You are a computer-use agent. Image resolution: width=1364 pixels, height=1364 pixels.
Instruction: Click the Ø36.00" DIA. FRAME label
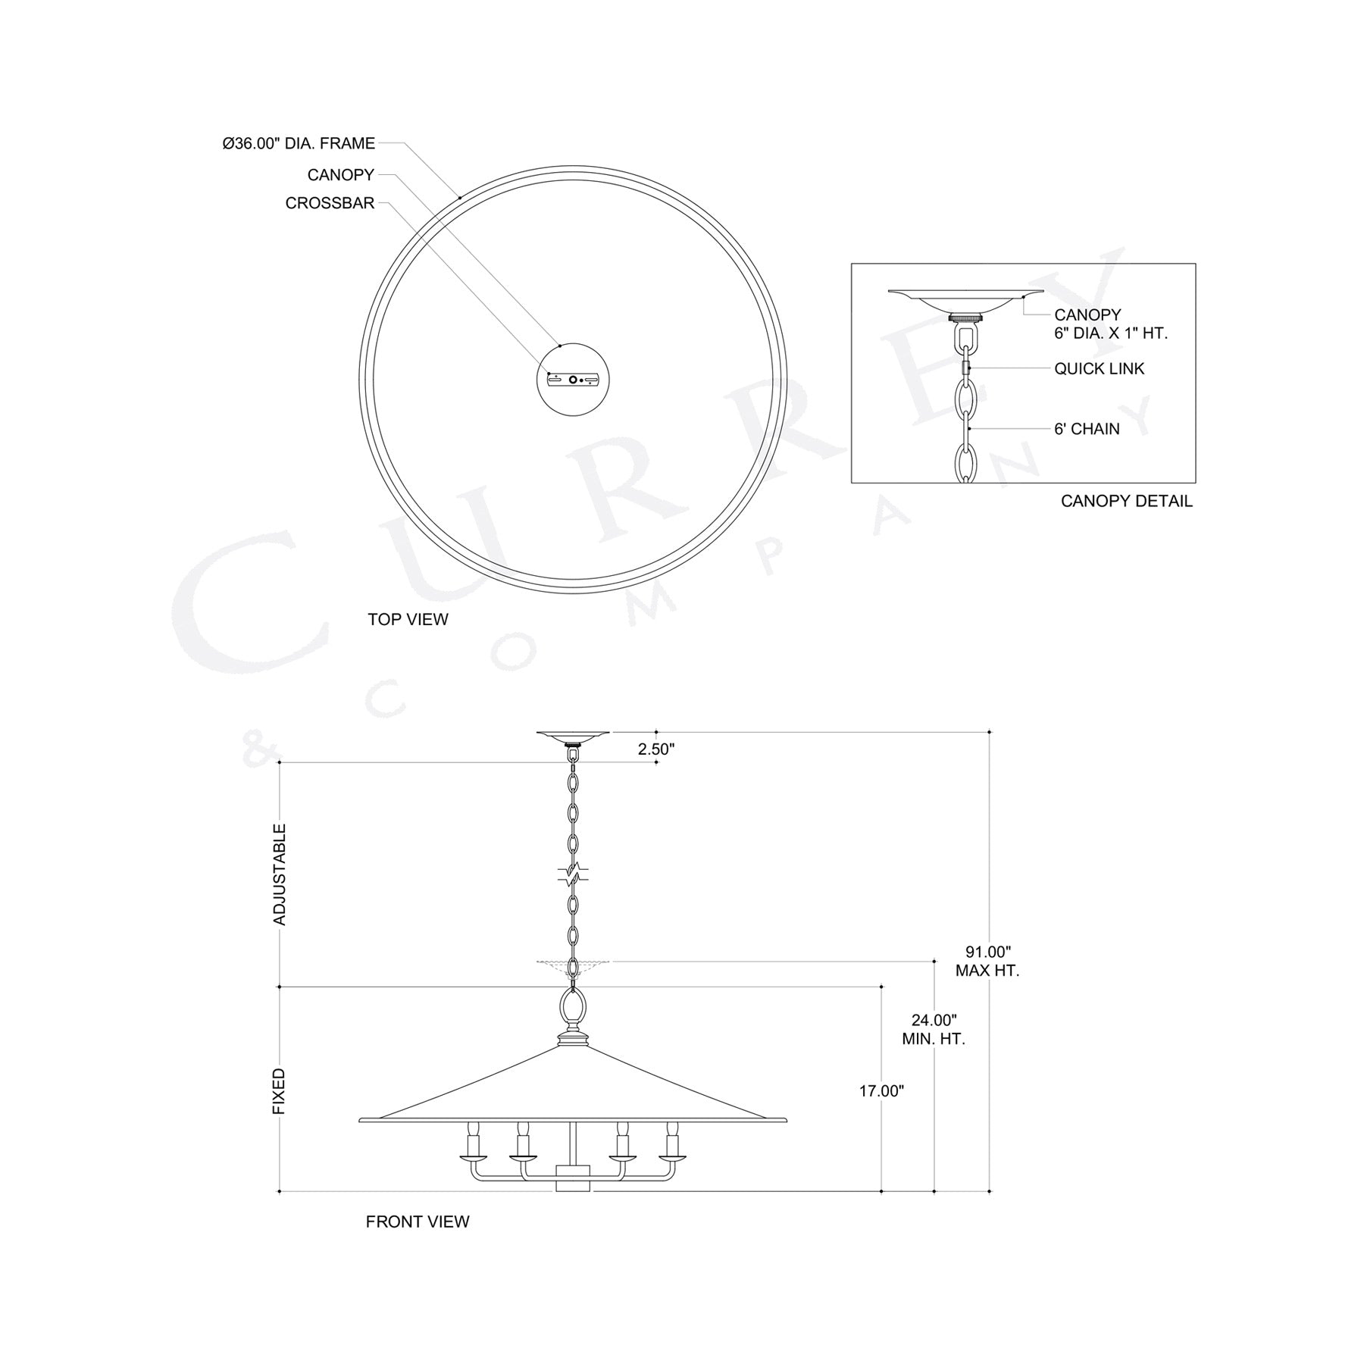[299, 143]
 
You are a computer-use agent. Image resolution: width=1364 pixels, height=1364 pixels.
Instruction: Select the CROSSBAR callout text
[330, 203]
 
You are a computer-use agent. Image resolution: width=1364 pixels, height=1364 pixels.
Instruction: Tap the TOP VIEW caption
[408, 619]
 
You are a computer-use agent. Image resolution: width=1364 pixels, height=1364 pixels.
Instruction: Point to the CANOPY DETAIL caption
[1126, 501]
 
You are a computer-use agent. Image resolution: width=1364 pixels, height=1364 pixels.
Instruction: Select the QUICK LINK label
[1099, 369]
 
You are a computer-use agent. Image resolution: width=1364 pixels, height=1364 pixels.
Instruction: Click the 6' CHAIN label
[1087, 429]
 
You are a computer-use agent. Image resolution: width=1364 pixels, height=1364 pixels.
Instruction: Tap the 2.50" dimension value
[655, 749]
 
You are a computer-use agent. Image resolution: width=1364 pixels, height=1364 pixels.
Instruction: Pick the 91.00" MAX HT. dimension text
[987, 961]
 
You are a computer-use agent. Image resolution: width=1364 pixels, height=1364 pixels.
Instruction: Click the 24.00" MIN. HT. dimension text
[933, 1030]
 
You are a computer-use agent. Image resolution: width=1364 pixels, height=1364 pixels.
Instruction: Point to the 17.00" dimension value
[881, 1091]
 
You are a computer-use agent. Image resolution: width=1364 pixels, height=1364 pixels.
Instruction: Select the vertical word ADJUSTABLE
[280, 874]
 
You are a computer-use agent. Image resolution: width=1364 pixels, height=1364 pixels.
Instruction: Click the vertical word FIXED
[279, 1091]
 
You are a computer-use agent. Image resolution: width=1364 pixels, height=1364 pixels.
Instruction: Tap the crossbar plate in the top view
[573, 380]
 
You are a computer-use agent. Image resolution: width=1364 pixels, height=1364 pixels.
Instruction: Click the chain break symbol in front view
[573, 874]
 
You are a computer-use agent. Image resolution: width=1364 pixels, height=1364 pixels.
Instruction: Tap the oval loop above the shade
[573, 1009]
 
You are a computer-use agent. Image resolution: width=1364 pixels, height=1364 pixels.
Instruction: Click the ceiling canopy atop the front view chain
[573, 734]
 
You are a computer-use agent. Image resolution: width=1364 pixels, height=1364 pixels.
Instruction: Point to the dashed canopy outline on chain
[573, 964]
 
